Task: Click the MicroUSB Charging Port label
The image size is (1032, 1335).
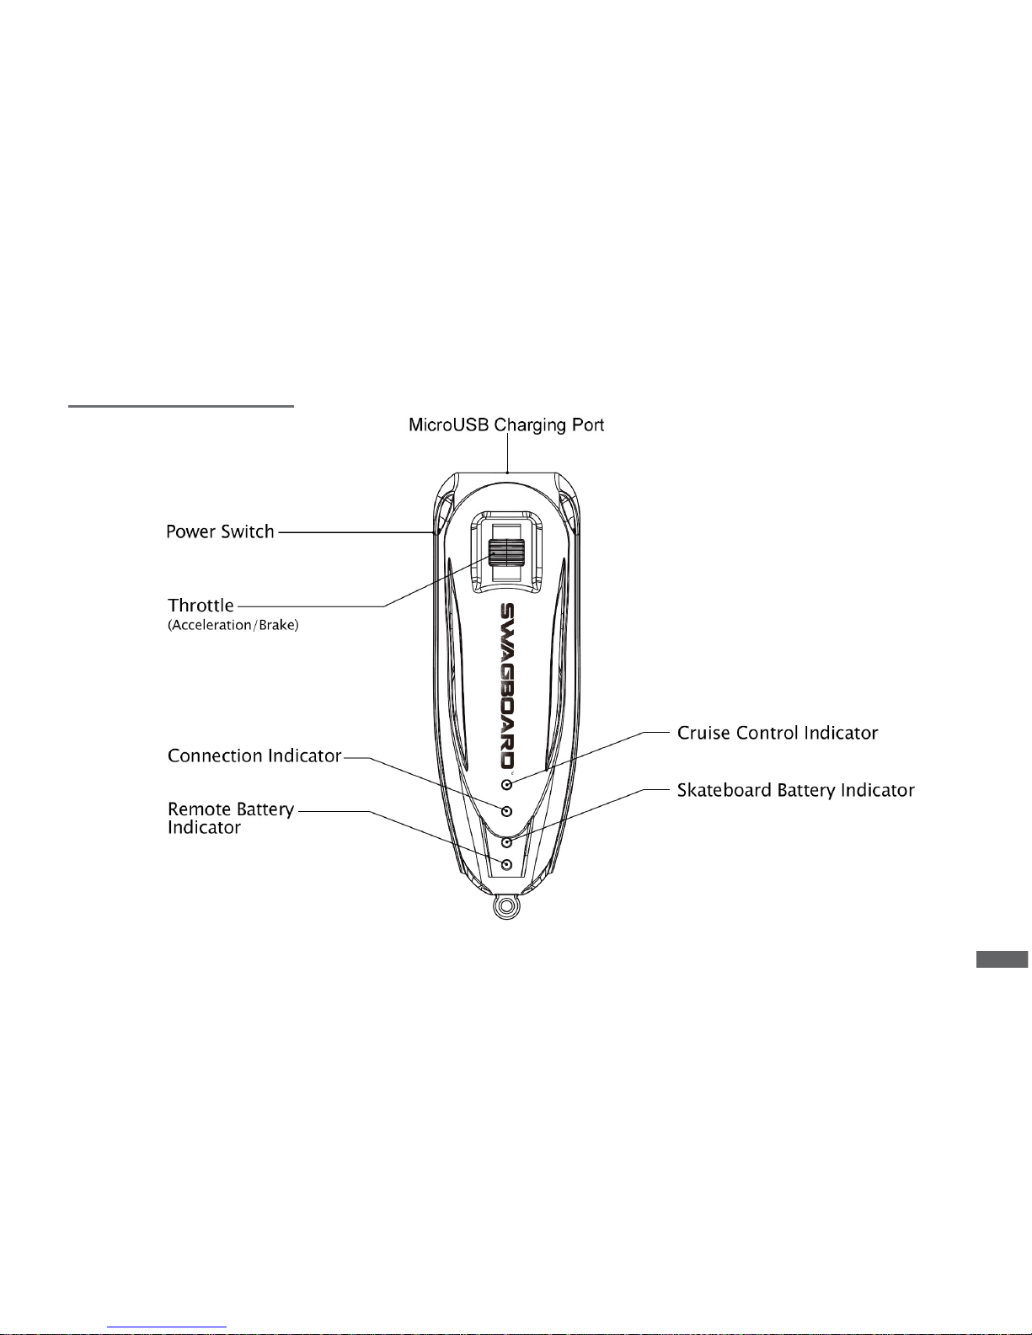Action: [506, 425]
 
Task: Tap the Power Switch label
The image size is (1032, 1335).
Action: [220, 531]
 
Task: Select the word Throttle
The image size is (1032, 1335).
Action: [201, 606]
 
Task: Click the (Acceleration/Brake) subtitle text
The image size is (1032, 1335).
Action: [233, 626]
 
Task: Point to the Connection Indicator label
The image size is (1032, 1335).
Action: [254, 756]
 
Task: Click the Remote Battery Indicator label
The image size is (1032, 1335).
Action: [231, 819]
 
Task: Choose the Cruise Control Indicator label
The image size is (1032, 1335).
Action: [777, 733]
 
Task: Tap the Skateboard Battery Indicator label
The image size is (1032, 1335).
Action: [795, 790]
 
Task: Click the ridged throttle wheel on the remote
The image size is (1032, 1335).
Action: [505, 553]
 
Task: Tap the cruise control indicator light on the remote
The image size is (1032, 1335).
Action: [507, 784]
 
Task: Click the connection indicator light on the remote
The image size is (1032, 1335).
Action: [507, 812]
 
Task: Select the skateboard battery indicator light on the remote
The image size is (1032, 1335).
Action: [507, 841]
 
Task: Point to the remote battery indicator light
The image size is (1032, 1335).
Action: [507, 865]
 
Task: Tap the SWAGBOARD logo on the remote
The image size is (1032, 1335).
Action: [507, 686]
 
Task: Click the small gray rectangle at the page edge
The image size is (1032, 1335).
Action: [1002, 959]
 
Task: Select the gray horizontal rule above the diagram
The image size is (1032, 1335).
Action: [180, 406]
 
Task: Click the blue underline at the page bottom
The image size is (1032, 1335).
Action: [167, 1327]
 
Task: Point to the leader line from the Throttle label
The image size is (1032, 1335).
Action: [366, 580]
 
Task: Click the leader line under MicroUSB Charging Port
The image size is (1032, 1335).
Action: [507, 453]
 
